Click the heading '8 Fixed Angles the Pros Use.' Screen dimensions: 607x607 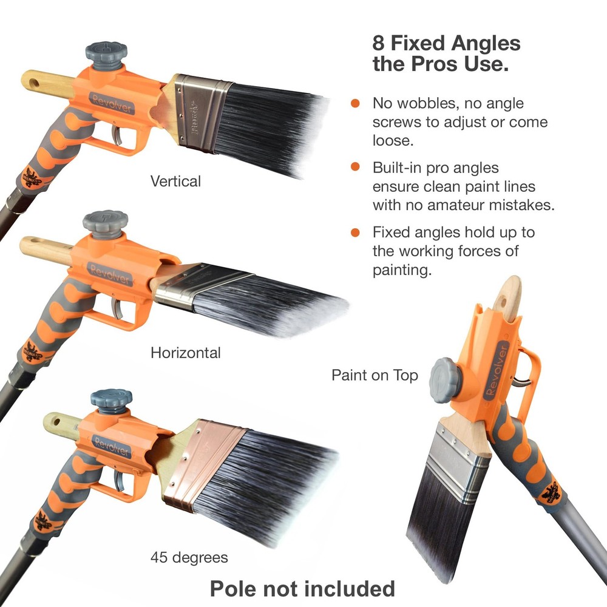[x=446, y=53]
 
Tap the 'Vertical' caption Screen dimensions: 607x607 [x=175, y=181]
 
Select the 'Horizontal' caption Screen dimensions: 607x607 [x=186, y=352]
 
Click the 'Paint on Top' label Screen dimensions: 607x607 [x=375, y=375]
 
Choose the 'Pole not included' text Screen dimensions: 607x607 [x=302, y=588]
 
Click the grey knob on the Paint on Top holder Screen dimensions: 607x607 [x=446, y=380]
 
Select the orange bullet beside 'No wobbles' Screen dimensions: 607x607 [x=355, y=104]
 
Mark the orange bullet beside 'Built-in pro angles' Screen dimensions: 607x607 [x=355, y=168]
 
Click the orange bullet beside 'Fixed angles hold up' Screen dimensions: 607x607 [x=355, y=232]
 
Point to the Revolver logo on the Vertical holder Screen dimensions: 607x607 [x=112, y=104]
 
